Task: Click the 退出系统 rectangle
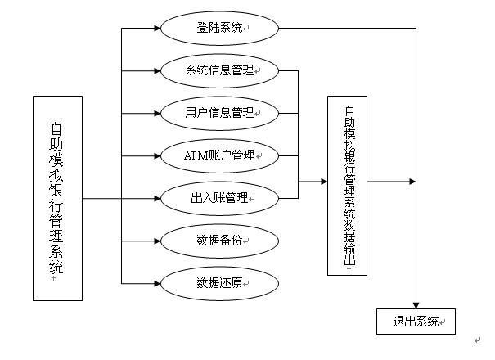[415, 321]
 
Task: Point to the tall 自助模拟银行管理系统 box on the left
[57, 198]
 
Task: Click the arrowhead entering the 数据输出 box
[322, 182]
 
